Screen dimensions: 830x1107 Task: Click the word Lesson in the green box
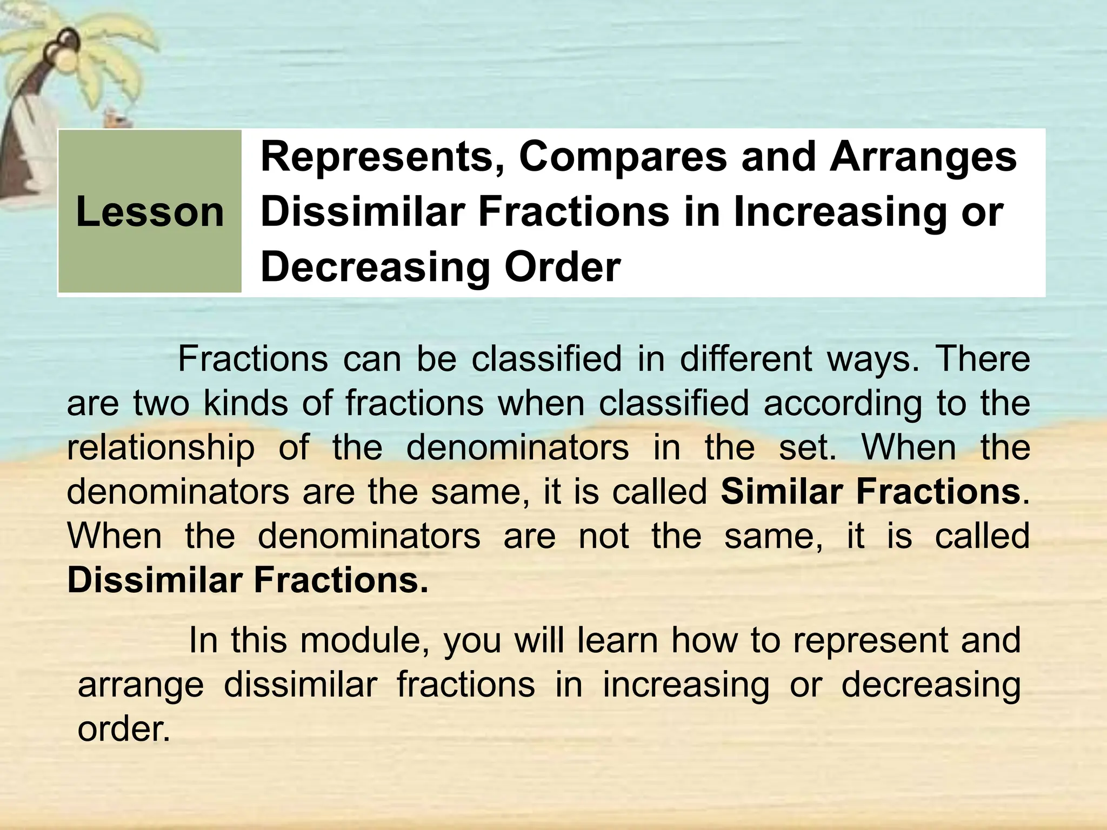coord(150,211)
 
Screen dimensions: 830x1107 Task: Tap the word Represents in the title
coord(378,156)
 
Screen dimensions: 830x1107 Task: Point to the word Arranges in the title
coord(923,156)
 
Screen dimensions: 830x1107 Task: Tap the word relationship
coord(161,449)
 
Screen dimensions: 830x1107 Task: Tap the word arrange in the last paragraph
coord(141,686)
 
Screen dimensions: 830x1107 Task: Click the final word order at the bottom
coord(124,729)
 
